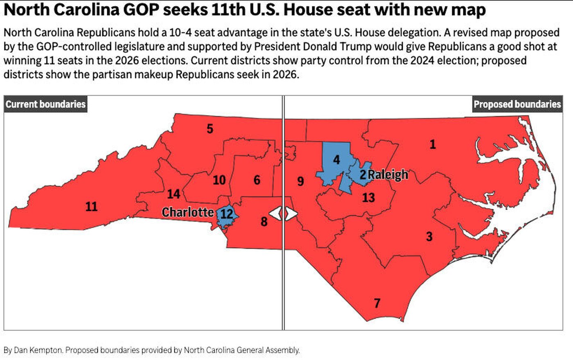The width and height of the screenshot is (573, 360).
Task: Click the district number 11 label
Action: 91,206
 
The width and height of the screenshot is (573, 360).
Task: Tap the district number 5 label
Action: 210,129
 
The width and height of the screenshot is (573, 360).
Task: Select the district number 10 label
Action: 219,180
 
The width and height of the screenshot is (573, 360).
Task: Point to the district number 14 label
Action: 174,193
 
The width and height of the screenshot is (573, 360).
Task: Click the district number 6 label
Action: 257,180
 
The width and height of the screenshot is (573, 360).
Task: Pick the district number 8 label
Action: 264,222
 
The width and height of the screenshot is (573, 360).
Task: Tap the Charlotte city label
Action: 188,212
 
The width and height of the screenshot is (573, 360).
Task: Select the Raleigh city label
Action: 388,175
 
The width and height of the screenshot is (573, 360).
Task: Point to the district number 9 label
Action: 300,181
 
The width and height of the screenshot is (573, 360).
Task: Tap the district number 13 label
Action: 368,198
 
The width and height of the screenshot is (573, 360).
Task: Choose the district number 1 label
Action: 433,144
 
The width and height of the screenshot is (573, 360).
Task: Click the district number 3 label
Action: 429,236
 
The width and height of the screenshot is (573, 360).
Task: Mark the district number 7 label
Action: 377,303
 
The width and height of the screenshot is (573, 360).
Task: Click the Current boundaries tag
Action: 45,104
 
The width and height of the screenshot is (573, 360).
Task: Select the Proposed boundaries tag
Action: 517,104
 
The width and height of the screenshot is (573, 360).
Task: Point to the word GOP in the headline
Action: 137,10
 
